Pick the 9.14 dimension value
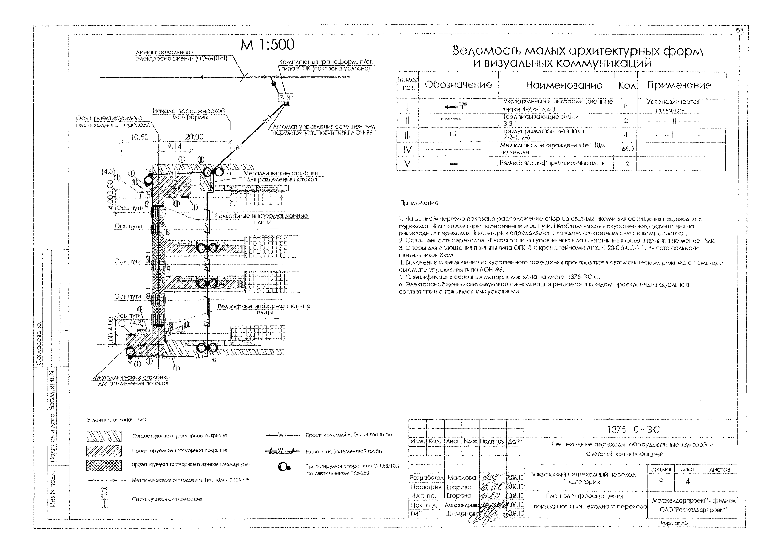coord(174,146)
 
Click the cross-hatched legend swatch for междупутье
coord(104,465)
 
